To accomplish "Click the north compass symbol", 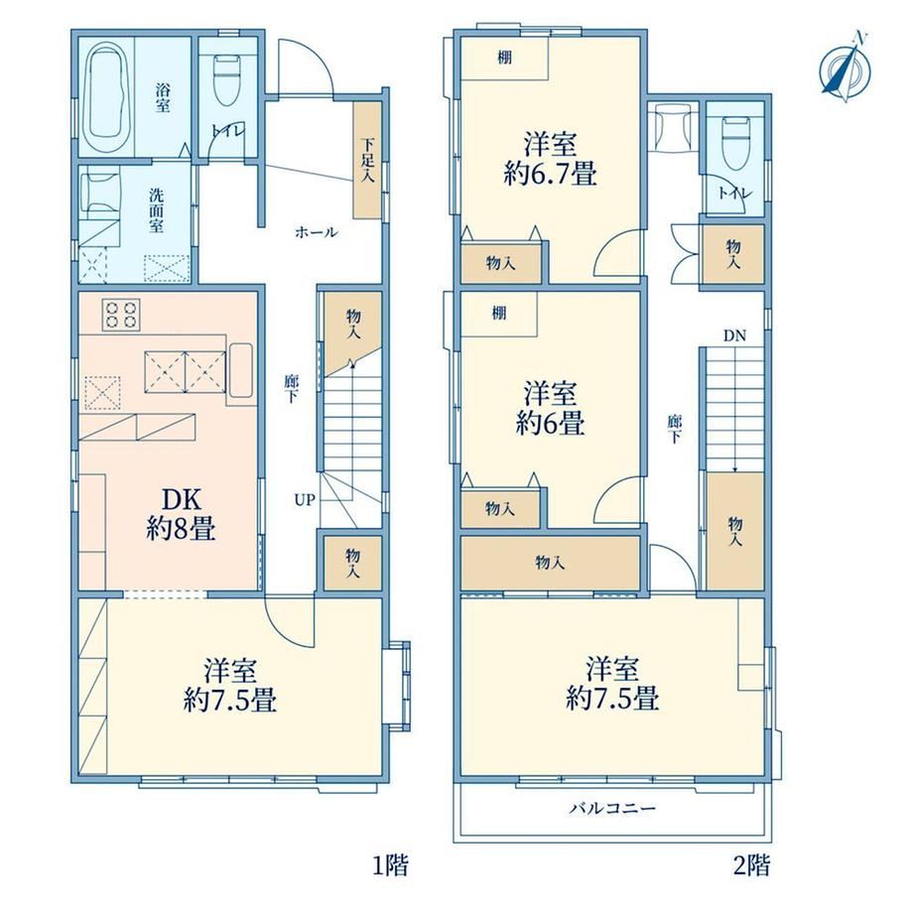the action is coord(846,68).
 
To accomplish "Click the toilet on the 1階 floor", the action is coord(226,79).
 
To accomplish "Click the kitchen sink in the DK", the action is coord(241,371).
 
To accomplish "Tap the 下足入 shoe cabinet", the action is coord(367,161).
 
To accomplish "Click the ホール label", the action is coord(317,233).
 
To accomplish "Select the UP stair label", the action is coord(305,499).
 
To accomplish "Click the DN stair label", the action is coord(734,335).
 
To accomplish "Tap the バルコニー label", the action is coord(612,808).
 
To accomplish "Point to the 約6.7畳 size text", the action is coord(550,173).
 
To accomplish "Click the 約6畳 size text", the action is coord(550,423).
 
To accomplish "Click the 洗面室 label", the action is coord(156,210).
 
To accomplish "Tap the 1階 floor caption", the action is coord(390,865).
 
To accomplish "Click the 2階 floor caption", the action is coord(751,865).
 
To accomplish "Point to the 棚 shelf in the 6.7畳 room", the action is coord(505,59).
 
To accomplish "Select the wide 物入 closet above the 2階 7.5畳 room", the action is coord(550,563).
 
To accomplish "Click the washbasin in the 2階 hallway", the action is coord(673,127).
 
